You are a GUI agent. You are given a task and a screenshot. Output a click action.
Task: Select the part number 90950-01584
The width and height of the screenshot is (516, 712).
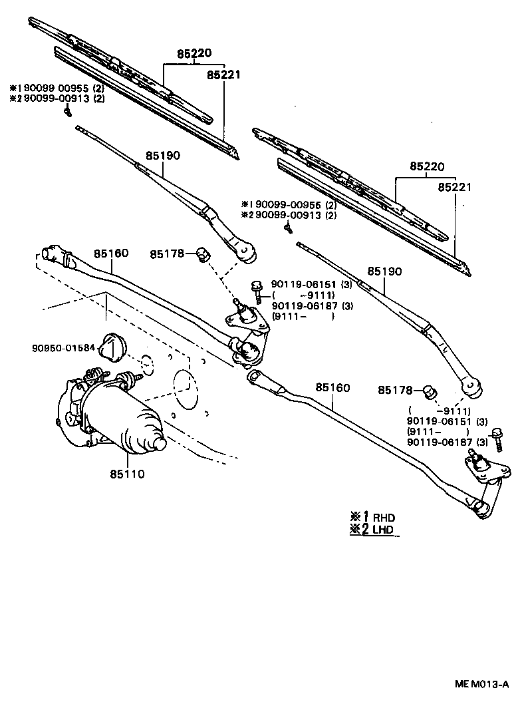(x=63, y=347)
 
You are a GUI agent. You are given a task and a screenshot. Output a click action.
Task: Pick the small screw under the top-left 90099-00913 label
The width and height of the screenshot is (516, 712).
(x=67, y=112)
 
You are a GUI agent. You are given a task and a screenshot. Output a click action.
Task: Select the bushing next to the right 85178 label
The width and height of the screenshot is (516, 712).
(x=430, y=390)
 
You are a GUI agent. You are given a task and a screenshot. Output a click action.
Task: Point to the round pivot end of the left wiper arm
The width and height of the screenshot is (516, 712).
(x=247, y=252)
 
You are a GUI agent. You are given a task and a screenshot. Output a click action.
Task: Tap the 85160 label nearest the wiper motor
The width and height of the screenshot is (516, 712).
(x=110, y=254)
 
